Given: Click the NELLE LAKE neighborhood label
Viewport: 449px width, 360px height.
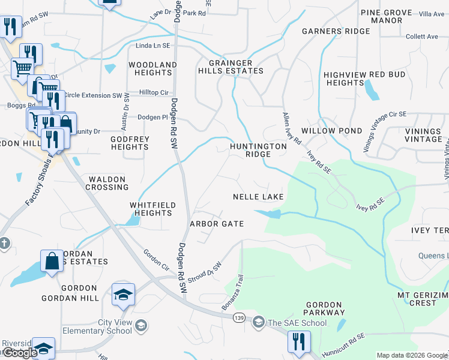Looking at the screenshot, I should click(258, 197).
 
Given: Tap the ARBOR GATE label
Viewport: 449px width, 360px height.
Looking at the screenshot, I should click(217, 224).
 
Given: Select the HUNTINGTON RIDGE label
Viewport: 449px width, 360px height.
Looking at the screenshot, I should click(259, 150).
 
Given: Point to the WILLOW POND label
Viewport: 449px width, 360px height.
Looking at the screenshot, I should click(332, 131).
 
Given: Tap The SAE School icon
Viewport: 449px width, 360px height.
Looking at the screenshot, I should click(259, 323).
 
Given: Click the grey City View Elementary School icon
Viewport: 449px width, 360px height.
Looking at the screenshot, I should click(141, 326).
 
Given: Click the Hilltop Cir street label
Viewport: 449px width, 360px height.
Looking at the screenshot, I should click(154, 92).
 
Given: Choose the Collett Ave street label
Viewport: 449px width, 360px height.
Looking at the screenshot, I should click(421, 37).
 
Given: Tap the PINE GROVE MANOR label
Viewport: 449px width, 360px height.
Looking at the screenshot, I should click(386, 16).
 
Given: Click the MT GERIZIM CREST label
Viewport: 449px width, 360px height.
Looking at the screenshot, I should click(423, 299).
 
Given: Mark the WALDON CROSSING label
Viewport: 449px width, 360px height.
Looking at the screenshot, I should click(107, 183).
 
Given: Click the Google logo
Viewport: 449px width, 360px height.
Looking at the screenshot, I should click(19, 353).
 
